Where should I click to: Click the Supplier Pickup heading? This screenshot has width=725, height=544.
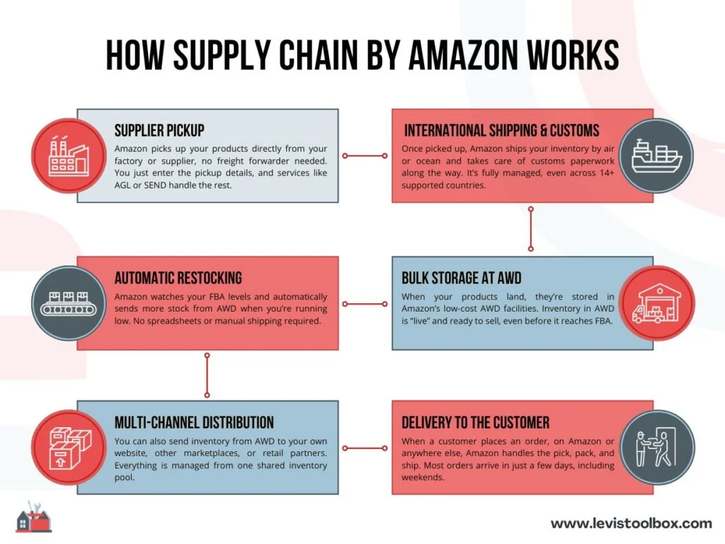click(x=159, y=130)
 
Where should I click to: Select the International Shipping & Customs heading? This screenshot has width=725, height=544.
click(x=501, y=130)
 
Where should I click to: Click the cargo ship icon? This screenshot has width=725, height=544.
click(x=656, y=156)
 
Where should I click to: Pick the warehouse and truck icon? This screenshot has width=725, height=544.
click(x=656, y=303)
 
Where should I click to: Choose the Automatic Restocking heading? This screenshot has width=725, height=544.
click(x=178, y=278)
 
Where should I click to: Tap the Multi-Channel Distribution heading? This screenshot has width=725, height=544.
click(x=194, y=423)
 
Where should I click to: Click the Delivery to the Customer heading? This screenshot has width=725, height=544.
click(x=475, y=423)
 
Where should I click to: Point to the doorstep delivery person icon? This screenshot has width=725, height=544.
click(x=656, y=448)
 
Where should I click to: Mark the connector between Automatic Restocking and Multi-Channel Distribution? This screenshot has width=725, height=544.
click(x=207, y=376)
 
